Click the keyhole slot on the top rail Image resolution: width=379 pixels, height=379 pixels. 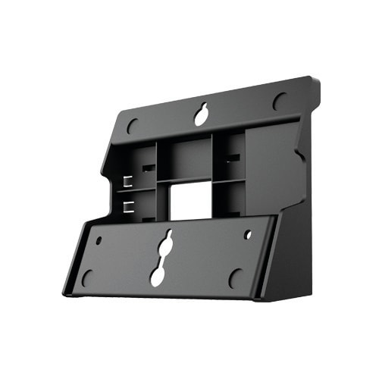[x=201, y=115]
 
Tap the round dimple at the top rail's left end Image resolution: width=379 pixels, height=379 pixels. [x=133, y=125]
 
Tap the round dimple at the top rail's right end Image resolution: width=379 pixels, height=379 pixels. [x=280, y=101]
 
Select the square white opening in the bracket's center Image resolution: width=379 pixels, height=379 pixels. [x=183, y=201]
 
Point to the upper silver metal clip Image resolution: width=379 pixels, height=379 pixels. [x=127, y=181]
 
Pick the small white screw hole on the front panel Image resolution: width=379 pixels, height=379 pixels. [x=248, y=235]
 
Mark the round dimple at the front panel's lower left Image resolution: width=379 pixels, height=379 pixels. [x=88, y=277]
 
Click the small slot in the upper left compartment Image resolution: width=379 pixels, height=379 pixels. [x=149, y=167]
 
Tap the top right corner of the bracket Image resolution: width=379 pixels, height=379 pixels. [x=317, y=79]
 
